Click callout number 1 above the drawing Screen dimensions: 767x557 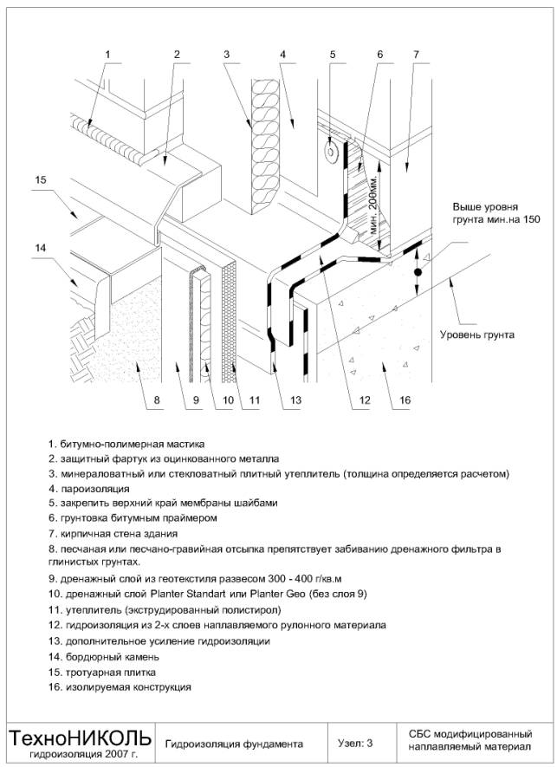[x=109, y=54]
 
